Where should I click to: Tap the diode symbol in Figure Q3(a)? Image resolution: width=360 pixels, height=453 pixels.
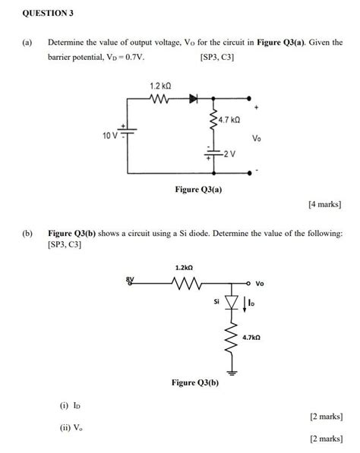pyautogui.click(x=193, y=99)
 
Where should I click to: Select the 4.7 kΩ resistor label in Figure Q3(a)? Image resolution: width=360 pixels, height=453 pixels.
pyautogui.click(x=229, y=120)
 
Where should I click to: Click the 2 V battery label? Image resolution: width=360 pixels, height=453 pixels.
pyautogui.click(x=229, y=153)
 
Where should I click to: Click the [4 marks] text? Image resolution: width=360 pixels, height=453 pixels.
pyautogui.click(x=324, y=204)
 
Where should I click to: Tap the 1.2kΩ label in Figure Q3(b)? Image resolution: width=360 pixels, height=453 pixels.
pyautogui.click(x=184, y=268)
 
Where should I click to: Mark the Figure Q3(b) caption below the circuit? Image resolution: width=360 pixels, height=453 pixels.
pyautogui.click(x=194, y=383)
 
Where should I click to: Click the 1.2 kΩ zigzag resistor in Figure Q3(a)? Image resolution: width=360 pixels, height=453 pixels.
pyautogui.click(x=161, y=99)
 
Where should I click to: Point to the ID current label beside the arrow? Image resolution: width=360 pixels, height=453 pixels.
pyautogui.click(x=252, y=304)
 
